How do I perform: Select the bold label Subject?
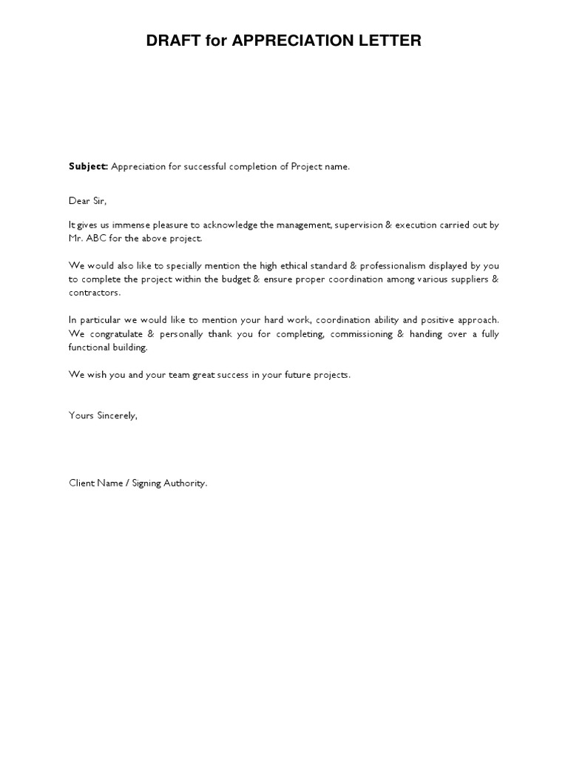(x=89, y=166)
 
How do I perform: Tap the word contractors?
(x=93, y=293)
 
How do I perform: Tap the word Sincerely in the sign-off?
(x=115, y=415)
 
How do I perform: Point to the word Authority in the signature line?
(x=185, y=483)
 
